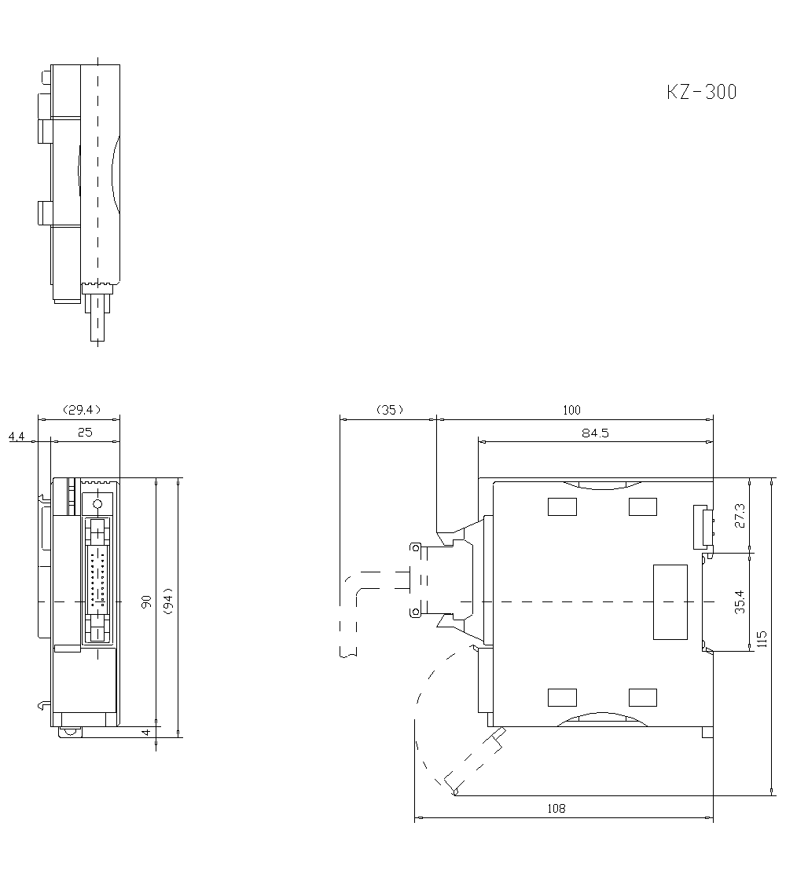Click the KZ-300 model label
(702, 92)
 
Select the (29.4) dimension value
(80, 409)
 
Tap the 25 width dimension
(85, 432)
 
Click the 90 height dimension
(146, 601)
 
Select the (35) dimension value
(389, 409)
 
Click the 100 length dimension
(572, 409)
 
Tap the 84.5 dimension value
(595, 432)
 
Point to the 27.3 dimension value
(740, 515)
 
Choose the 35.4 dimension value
(740, 601)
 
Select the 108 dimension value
(556, 808)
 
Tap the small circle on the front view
(98, 503)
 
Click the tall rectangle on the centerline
(670, 601)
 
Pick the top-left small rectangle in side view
(562, 506)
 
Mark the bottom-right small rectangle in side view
(643, 696)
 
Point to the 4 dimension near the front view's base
(146, 732)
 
